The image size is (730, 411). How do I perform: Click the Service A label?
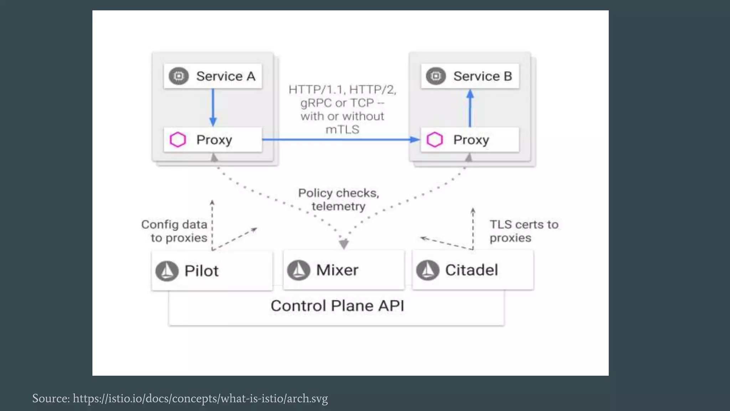[225, 76]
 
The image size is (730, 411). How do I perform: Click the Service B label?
[482, 76]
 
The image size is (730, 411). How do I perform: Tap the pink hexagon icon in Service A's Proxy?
[178, 139]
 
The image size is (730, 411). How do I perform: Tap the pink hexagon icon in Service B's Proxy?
[435, 139]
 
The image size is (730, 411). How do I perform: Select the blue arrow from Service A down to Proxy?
[213, 107]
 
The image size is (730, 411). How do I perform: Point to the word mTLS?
[342, 130]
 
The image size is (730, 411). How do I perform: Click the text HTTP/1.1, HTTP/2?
[342, 89]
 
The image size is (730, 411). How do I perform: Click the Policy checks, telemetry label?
[339, 199]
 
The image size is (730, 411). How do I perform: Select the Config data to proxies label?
[175, 231]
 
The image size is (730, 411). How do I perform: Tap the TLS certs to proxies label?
[523, 231]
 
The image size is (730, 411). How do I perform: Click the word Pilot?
[201, 271]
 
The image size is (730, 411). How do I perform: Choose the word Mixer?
[337, 270]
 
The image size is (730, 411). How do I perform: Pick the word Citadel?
[471, 270]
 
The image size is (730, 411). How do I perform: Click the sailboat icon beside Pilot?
[167, 271]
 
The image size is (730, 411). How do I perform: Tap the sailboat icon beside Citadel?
[427, 270]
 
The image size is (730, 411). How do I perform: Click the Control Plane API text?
[337, 306]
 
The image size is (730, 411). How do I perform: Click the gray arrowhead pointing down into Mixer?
[344, 244]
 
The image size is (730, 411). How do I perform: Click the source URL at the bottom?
[200, 398]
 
